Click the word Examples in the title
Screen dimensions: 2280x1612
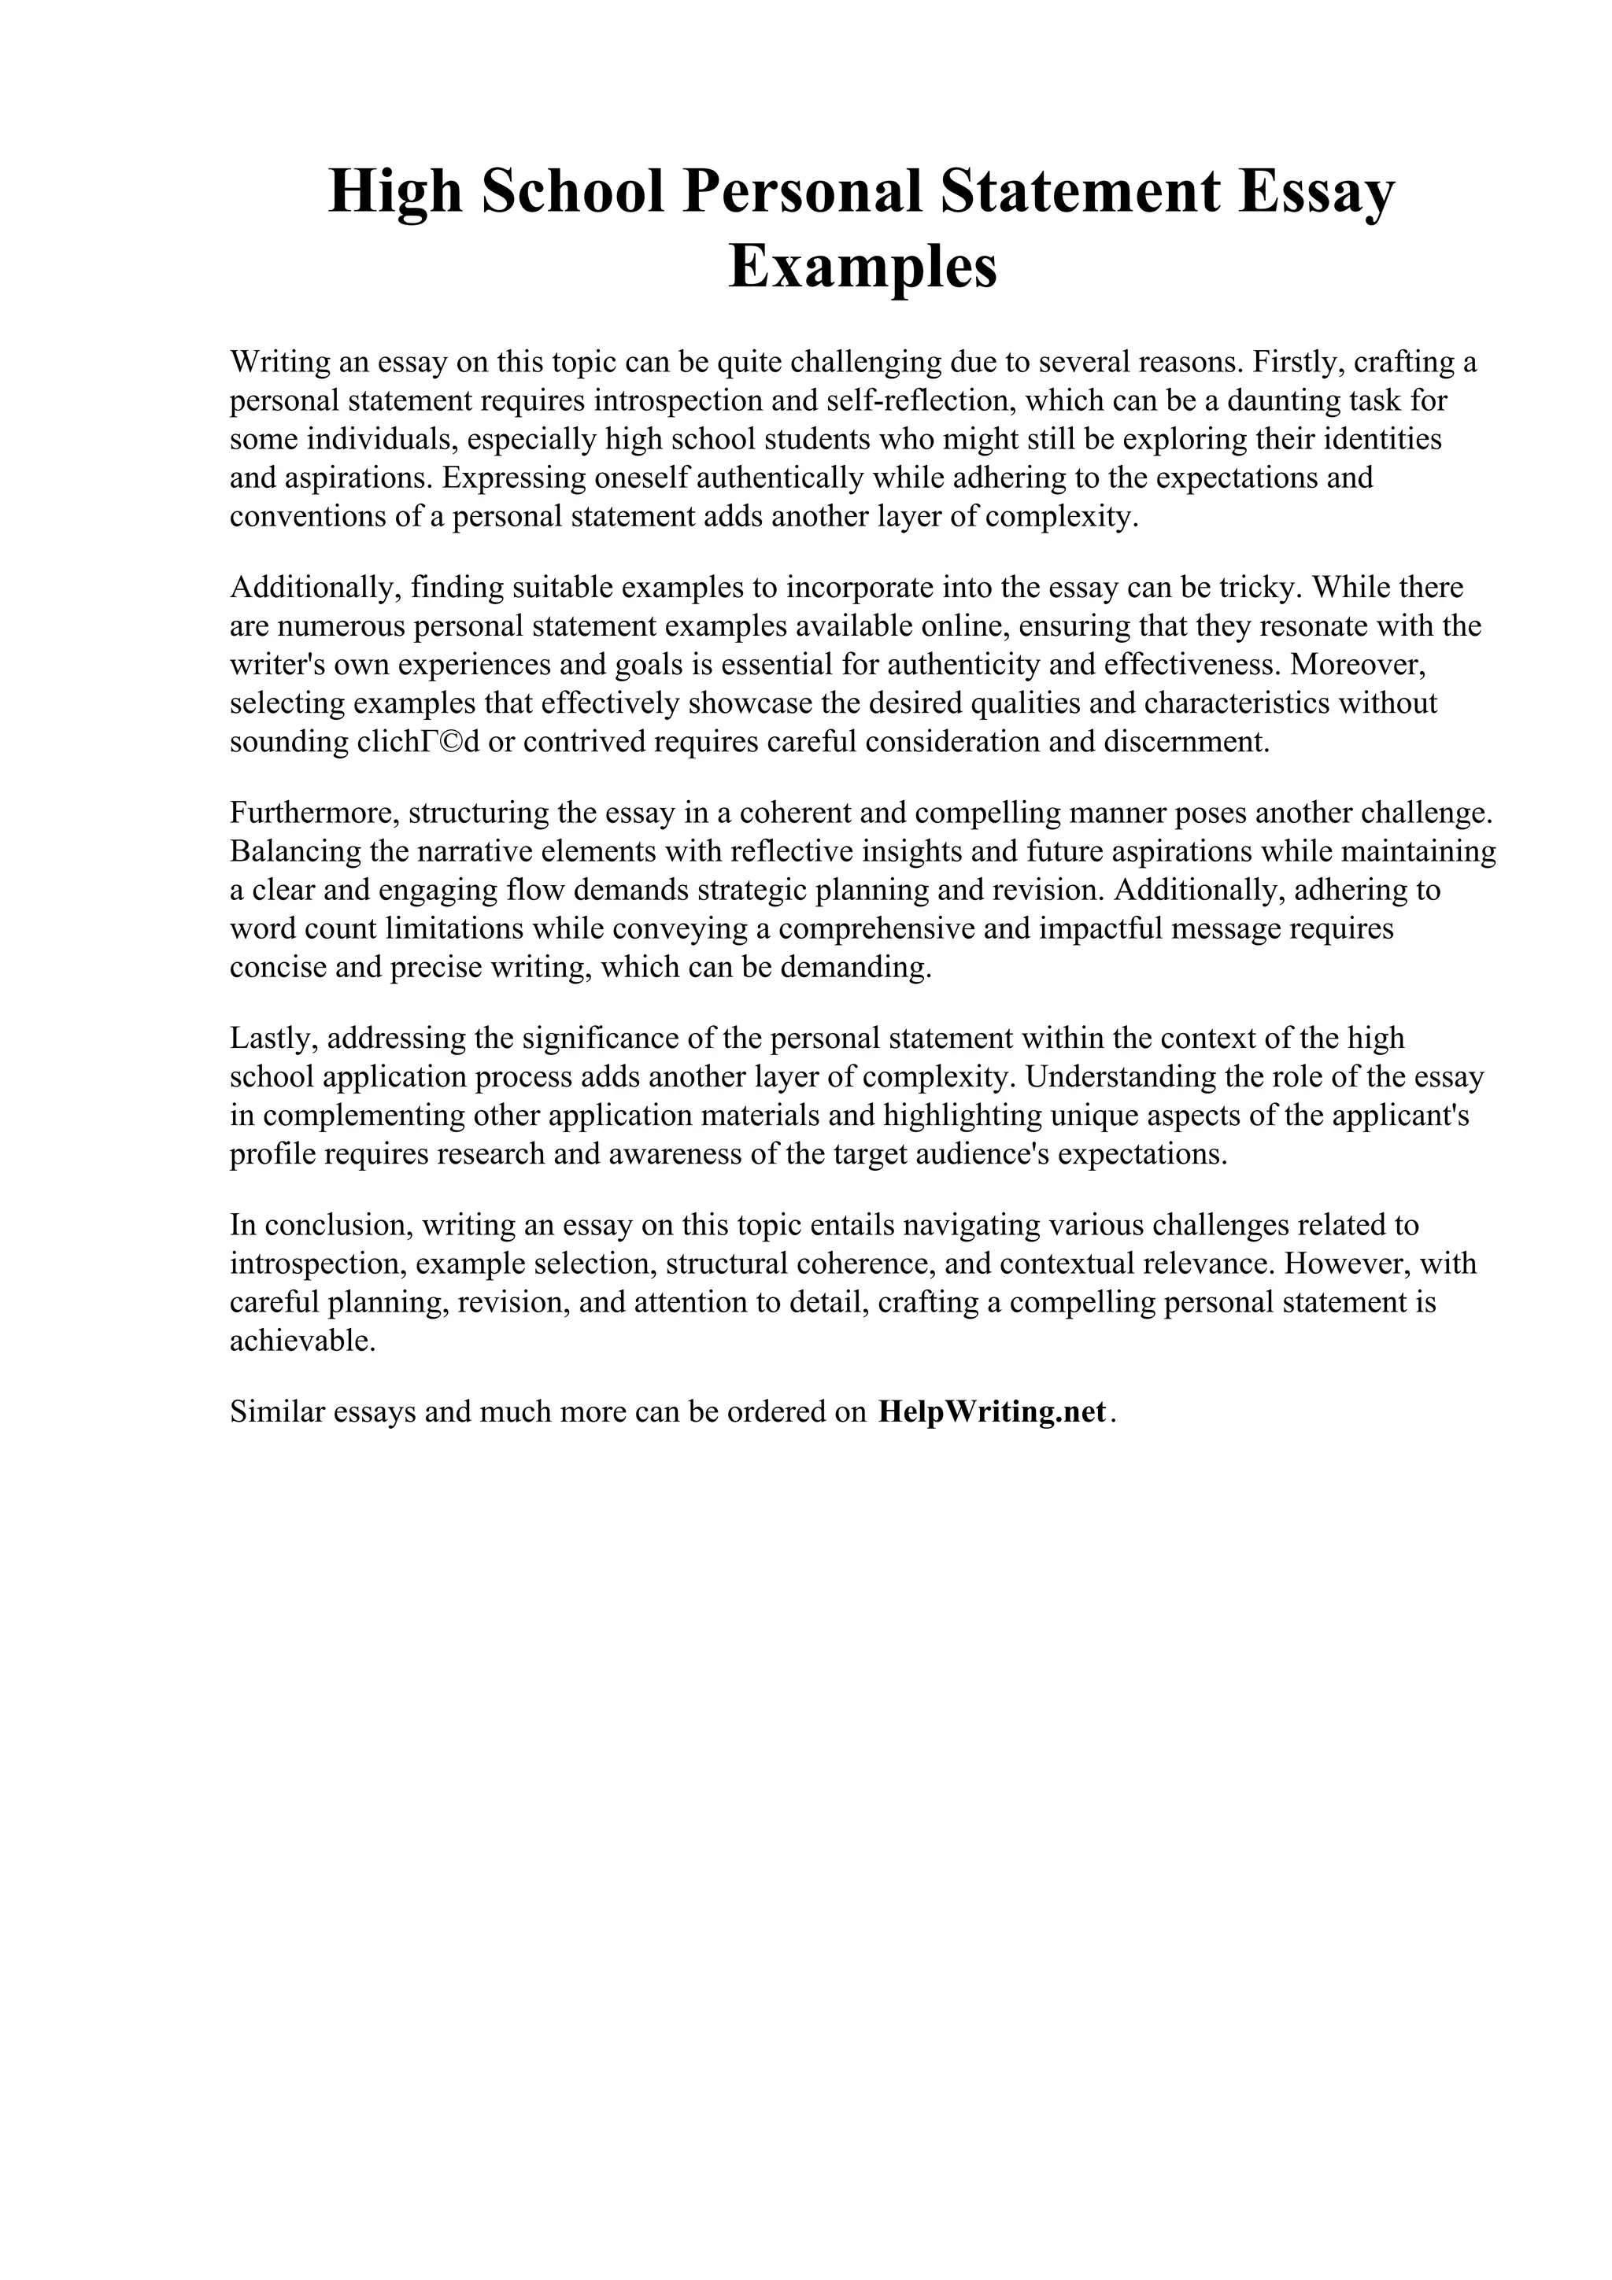pos(862,265)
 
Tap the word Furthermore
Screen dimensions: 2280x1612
pos(314,812)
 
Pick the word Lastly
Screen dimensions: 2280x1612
pos(273,1038)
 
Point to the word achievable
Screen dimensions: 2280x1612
pos(302,1341)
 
